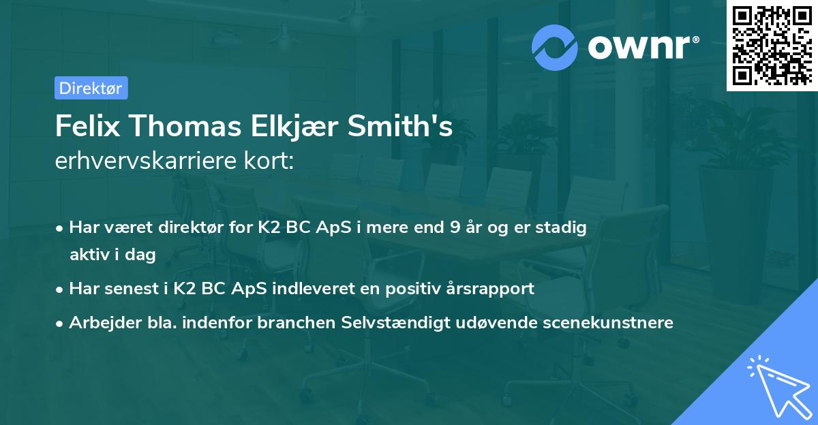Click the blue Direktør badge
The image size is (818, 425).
tap(91, 88)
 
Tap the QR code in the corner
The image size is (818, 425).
tap(772, 46)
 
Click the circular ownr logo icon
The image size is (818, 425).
tap(555, 47)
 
